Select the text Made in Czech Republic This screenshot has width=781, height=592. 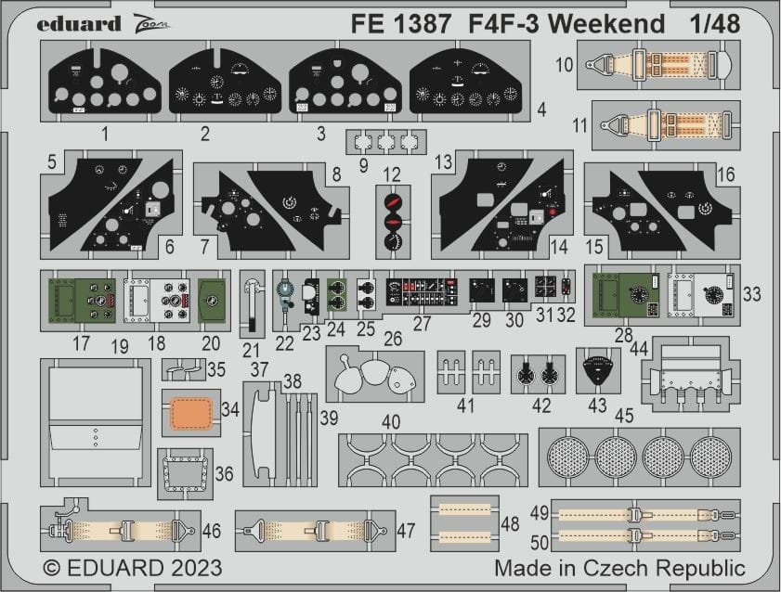619,566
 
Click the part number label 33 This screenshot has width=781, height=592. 753,293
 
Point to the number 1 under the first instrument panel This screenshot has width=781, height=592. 104,135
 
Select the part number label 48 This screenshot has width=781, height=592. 511,524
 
